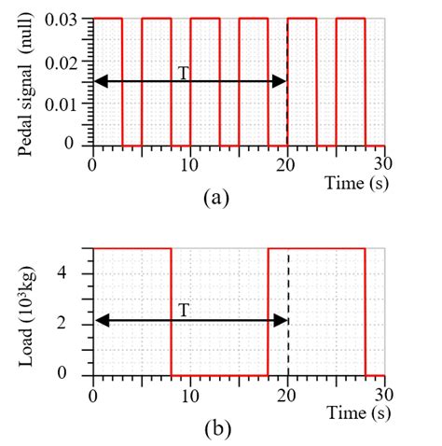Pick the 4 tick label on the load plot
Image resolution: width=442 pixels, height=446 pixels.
(77, 273)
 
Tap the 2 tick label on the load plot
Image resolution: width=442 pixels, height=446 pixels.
(77, 324)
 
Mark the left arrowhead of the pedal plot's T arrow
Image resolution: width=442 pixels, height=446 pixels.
(99, 82)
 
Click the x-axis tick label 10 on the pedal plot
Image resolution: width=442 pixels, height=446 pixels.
(189, 163)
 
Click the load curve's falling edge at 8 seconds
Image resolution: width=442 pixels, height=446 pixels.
(171, 311)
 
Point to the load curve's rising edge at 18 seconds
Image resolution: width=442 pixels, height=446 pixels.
(268, 311)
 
